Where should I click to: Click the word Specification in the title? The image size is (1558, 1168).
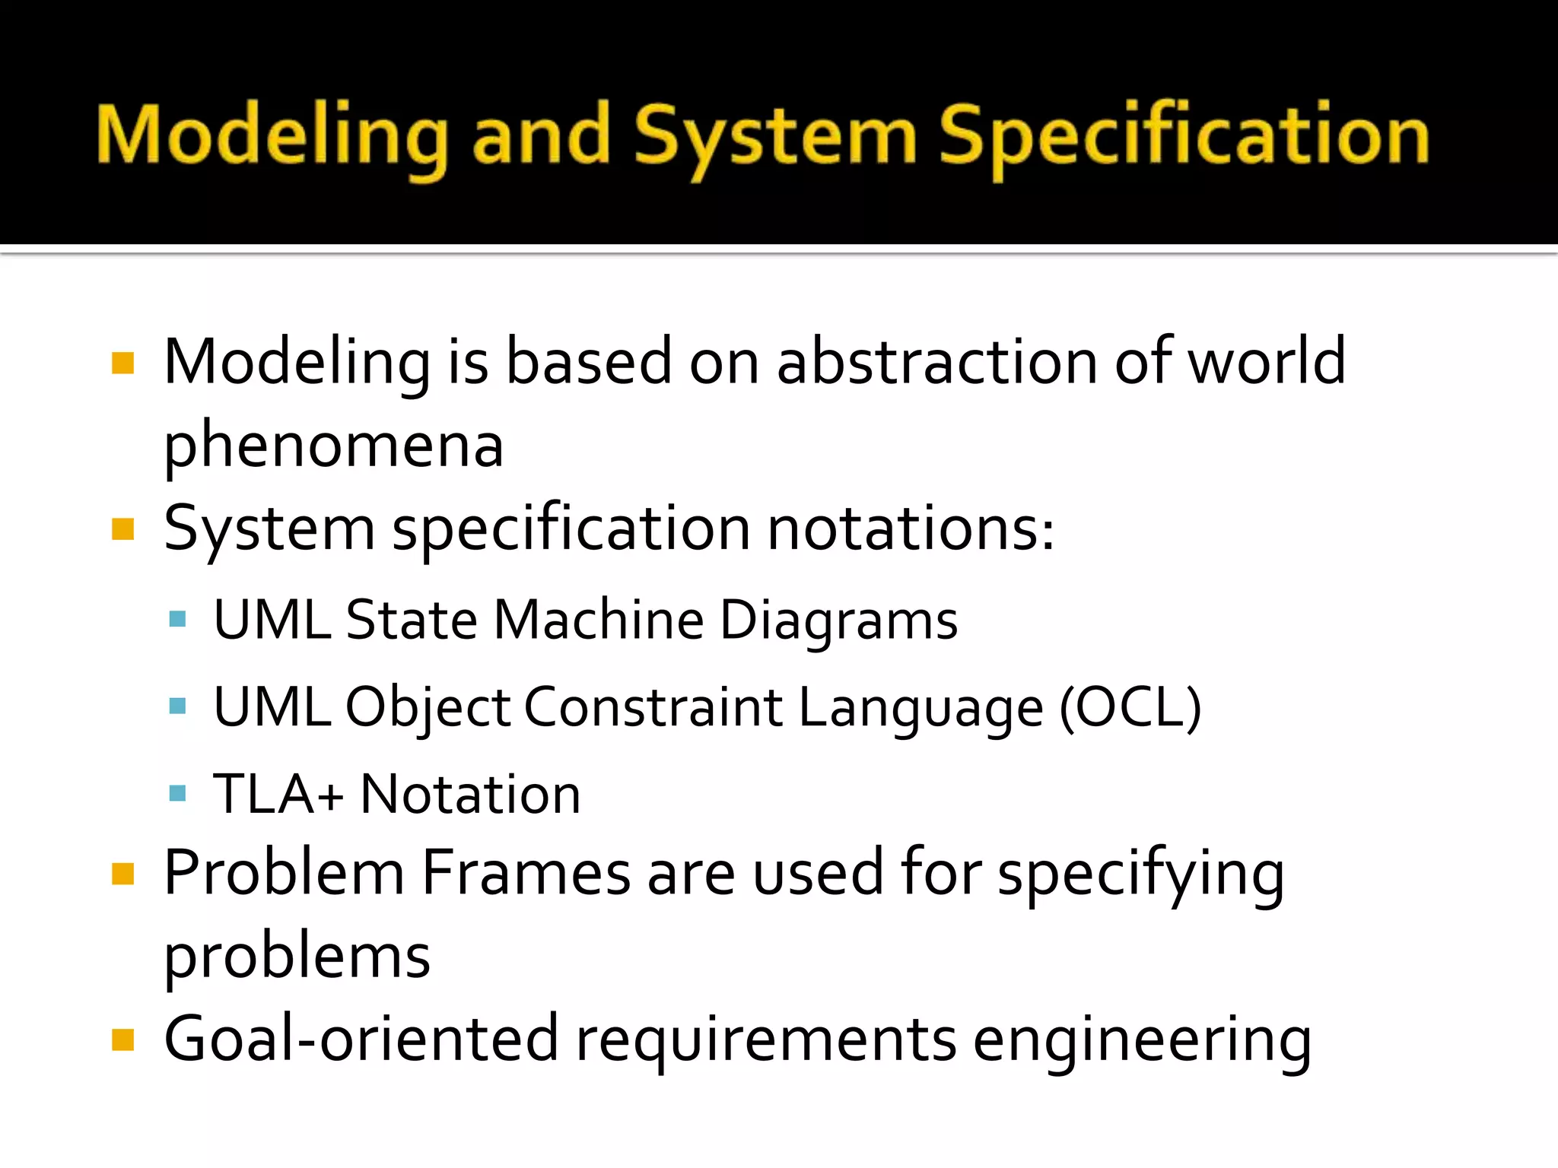[1184, 137]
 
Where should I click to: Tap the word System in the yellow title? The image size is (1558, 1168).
[776, 137]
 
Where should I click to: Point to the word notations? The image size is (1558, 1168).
[910, 529]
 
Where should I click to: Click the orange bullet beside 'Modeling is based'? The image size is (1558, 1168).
[122, 363]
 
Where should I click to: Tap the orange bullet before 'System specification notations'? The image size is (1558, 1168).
[122, 529]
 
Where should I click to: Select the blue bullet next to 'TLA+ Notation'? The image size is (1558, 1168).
[178, 794]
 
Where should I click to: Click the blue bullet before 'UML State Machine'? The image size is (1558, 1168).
[178, 619]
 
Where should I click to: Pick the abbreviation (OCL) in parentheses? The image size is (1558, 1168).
[1130, 707]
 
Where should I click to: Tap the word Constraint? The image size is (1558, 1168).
[653, 707]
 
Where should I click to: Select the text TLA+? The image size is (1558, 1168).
[278, 794]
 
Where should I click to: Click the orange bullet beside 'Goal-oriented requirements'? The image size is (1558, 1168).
[122, 1039]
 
